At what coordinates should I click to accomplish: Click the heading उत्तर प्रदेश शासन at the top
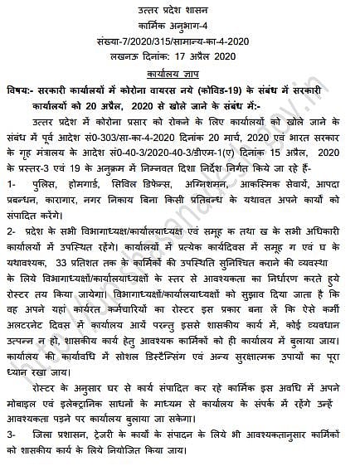[180, 8]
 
